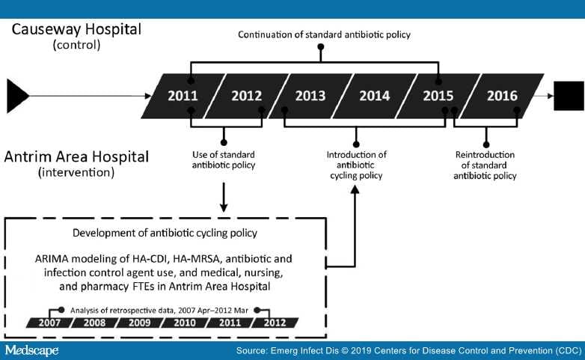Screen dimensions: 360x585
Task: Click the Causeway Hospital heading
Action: [76, 31]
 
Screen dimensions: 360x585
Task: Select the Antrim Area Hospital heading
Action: [76, 157]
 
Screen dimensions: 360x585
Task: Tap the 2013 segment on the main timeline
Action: [310, 96]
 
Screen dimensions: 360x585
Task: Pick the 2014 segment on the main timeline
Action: [374, 96]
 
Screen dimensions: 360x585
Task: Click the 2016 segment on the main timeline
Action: [501, 96]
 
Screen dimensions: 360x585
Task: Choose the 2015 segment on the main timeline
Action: [438, 96]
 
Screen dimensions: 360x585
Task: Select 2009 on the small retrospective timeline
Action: [138, 323]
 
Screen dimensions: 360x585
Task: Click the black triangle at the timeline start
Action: [17, 96]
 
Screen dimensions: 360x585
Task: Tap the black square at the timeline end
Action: [568, 96]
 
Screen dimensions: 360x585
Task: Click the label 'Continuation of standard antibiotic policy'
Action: [324, 34]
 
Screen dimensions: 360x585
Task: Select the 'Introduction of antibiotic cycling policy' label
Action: [356, 165]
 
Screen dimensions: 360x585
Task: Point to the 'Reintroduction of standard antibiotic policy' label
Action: [486, 165]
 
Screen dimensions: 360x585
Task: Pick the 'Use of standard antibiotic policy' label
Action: [224, 160]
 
